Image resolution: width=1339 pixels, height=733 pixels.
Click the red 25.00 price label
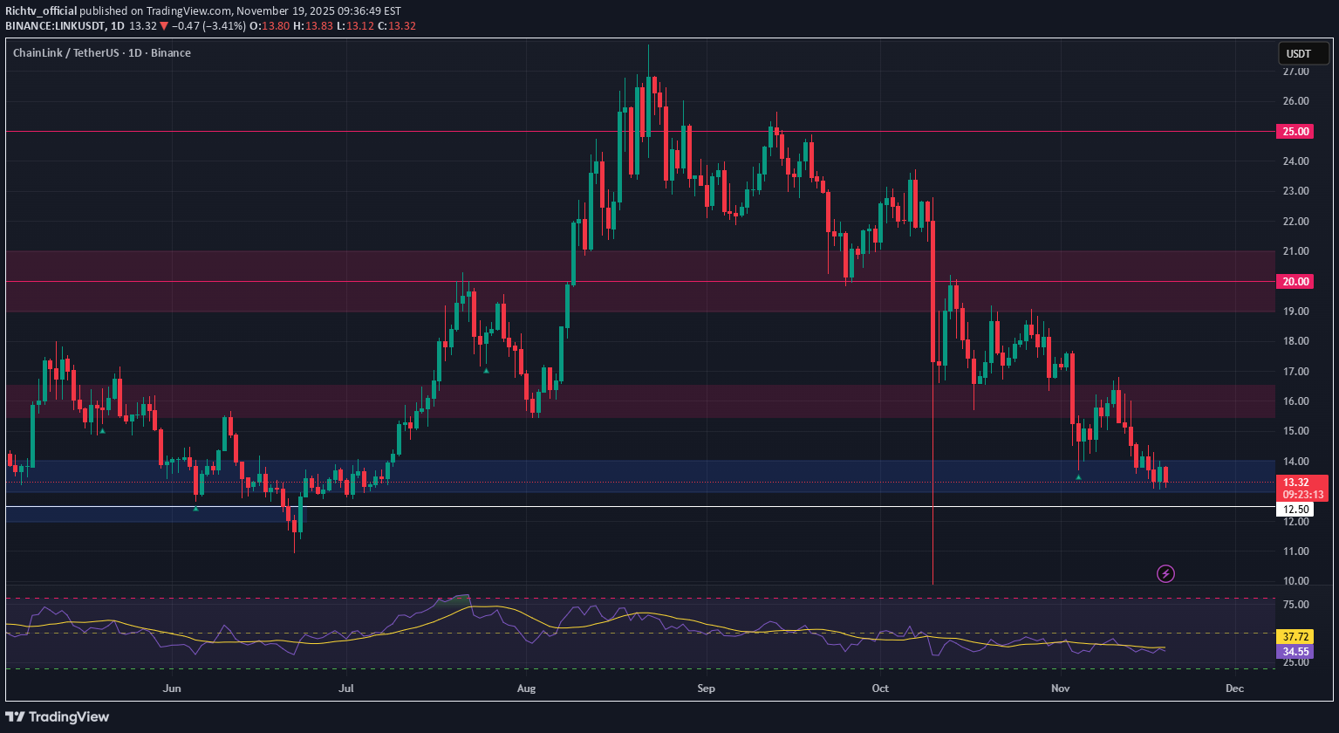tap(1295, 132)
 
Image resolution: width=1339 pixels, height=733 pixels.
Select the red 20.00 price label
tap(1295, 281)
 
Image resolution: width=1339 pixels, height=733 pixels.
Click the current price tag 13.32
tap(1295, 482)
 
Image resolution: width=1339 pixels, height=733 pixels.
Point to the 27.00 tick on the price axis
tap(1295, 72)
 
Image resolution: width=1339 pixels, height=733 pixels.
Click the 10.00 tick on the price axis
tap(1295, 581)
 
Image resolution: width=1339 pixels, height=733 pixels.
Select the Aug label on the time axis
tap(527, 688)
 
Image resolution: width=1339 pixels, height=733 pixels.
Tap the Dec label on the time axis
tap(1233, 688)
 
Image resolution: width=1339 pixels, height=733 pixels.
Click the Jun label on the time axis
tap(173, 688)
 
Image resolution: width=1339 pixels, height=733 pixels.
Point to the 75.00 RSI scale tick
tap(1295, 605)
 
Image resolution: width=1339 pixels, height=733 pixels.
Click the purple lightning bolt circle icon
tap(1165, 573)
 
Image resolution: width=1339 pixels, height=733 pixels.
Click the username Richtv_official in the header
tap(41, 10)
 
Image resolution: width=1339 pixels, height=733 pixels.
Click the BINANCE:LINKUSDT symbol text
tap(55, 25)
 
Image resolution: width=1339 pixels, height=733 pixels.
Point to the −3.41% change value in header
tap(221, 25)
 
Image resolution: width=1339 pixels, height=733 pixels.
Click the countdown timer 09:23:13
tap(1301, 495)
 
